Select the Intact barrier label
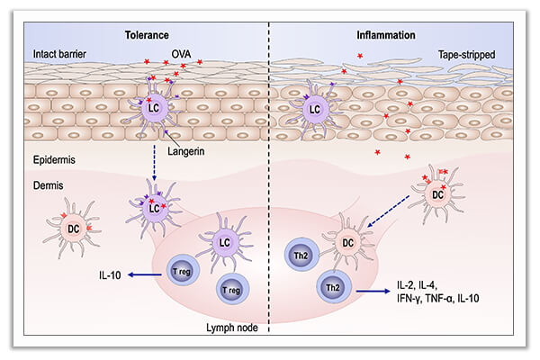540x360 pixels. click(x=53, y=54)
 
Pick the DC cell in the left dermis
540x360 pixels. click(x=74, y=229)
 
